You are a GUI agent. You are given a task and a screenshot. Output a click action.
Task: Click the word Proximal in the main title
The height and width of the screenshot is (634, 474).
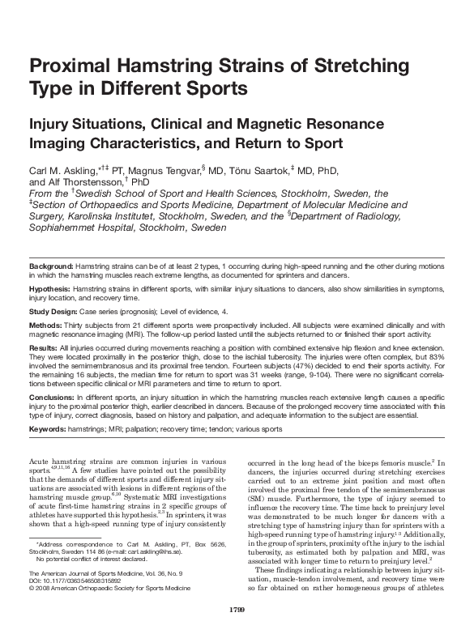point(68,66)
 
